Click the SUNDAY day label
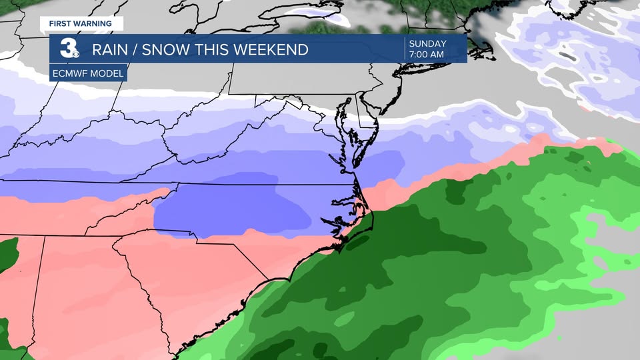(x=427, y=44)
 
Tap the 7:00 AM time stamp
(x=427, y=55)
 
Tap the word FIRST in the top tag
(x=61, y=23)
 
